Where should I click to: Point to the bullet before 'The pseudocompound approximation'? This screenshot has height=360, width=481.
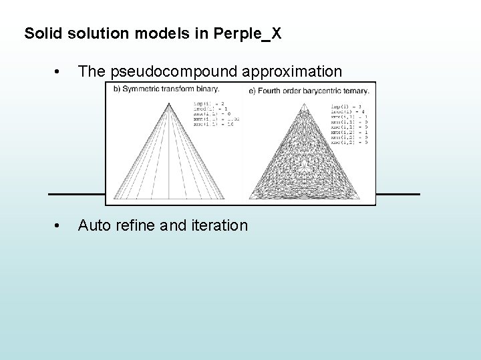pyautogui.click(x=60, y=72)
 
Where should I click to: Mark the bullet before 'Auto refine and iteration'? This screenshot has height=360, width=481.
pyautogui.click(x=60, y=226)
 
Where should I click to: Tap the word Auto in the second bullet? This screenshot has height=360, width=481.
pyautogui.click(x=93, y=226)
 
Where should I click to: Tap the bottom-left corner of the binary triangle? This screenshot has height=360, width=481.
pyautogui.click(x=114, y=199)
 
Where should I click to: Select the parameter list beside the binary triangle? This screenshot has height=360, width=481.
pyautogui.click(x=216, y=113)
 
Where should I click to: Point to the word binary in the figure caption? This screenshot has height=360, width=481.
pyautogui.click(x=207, y=89)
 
